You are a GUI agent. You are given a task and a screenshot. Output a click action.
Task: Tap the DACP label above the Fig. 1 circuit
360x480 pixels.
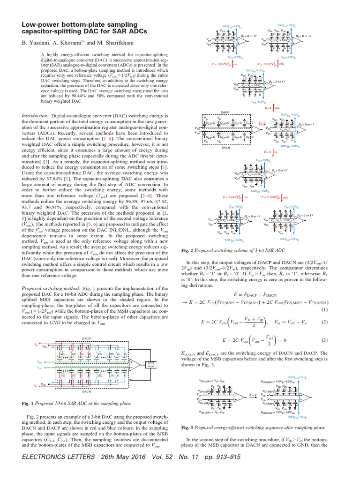coord(86,337)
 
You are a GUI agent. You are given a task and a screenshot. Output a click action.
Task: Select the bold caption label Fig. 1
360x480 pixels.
coord(30,404)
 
